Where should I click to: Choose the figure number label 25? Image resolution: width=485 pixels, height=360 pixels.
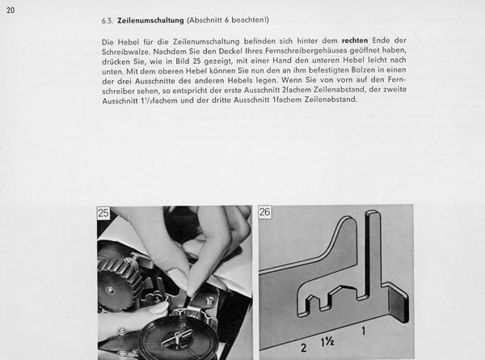104,214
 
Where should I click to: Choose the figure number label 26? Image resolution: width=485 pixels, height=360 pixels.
267,214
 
